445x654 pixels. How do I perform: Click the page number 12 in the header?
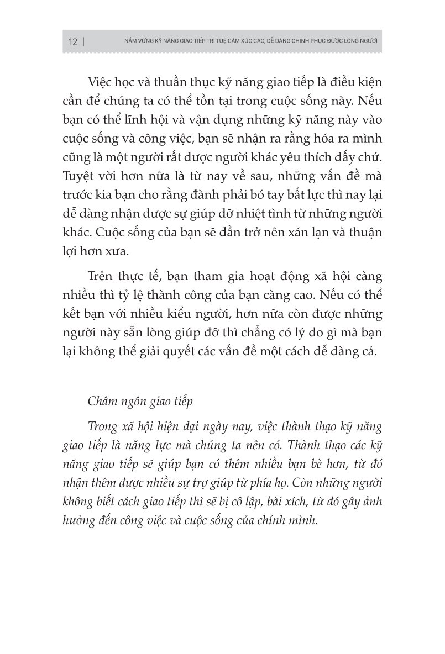click(x=72, y=42)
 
